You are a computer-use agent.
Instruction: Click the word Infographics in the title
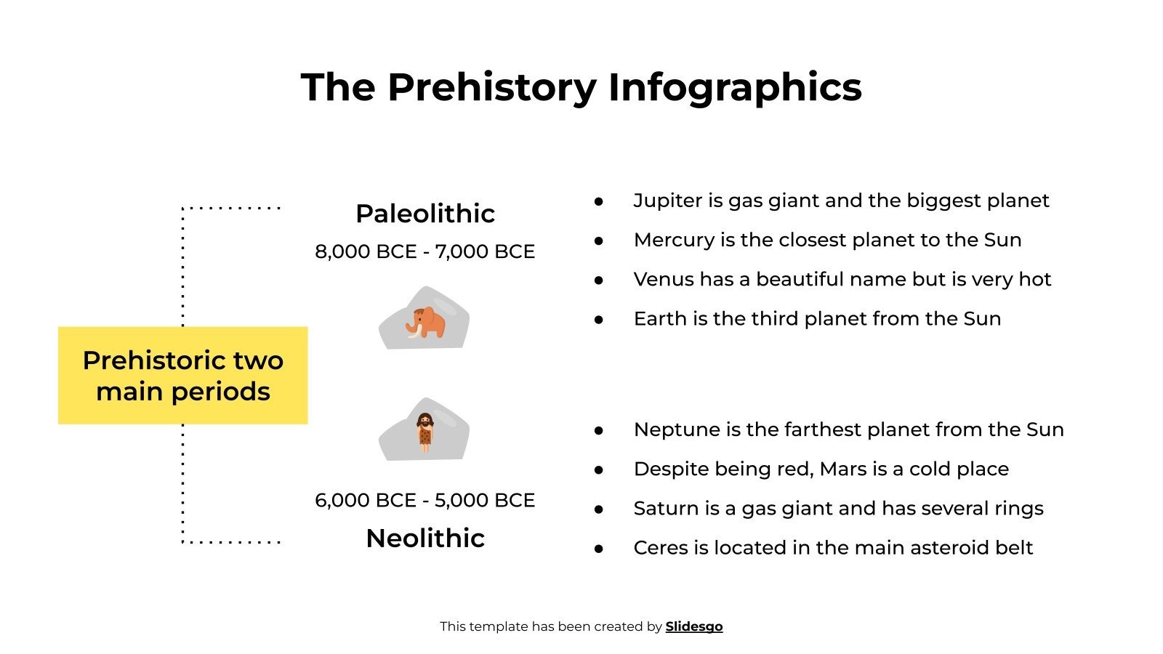734,88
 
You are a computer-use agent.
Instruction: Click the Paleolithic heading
425,214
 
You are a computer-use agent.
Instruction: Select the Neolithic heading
425,538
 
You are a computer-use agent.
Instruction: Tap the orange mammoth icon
426,322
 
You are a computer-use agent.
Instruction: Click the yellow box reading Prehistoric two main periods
183,376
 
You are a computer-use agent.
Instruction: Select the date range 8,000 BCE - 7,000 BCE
425,251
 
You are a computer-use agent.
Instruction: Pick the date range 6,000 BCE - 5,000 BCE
425,501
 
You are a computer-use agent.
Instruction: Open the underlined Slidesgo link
694,626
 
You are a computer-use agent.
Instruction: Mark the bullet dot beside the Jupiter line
599,201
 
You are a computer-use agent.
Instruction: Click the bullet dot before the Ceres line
599,549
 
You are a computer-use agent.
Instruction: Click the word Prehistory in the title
492,88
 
